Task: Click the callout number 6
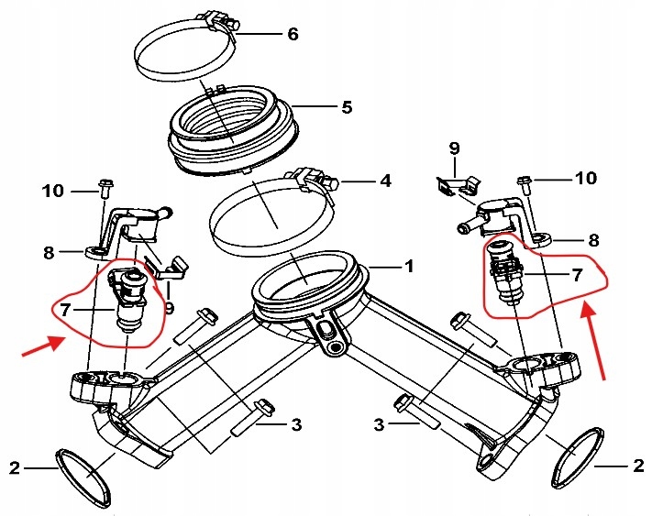pos(293,34)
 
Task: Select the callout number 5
pos(347,107)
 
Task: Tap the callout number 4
pos(385,181)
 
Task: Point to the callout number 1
pos(410,267)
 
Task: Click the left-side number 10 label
pos(53,192)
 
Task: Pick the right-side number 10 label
pos(586,178)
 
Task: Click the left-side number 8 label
pos(50,253)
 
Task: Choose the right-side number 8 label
pos(594,240)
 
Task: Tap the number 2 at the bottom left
pos(15,468)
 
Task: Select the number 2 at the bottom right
pos(638,466)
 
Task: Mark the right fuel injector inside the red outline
pos(505,272)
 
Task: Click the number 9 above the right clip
pos(455,148)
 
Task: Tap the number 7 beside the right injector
pos(577,275)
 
